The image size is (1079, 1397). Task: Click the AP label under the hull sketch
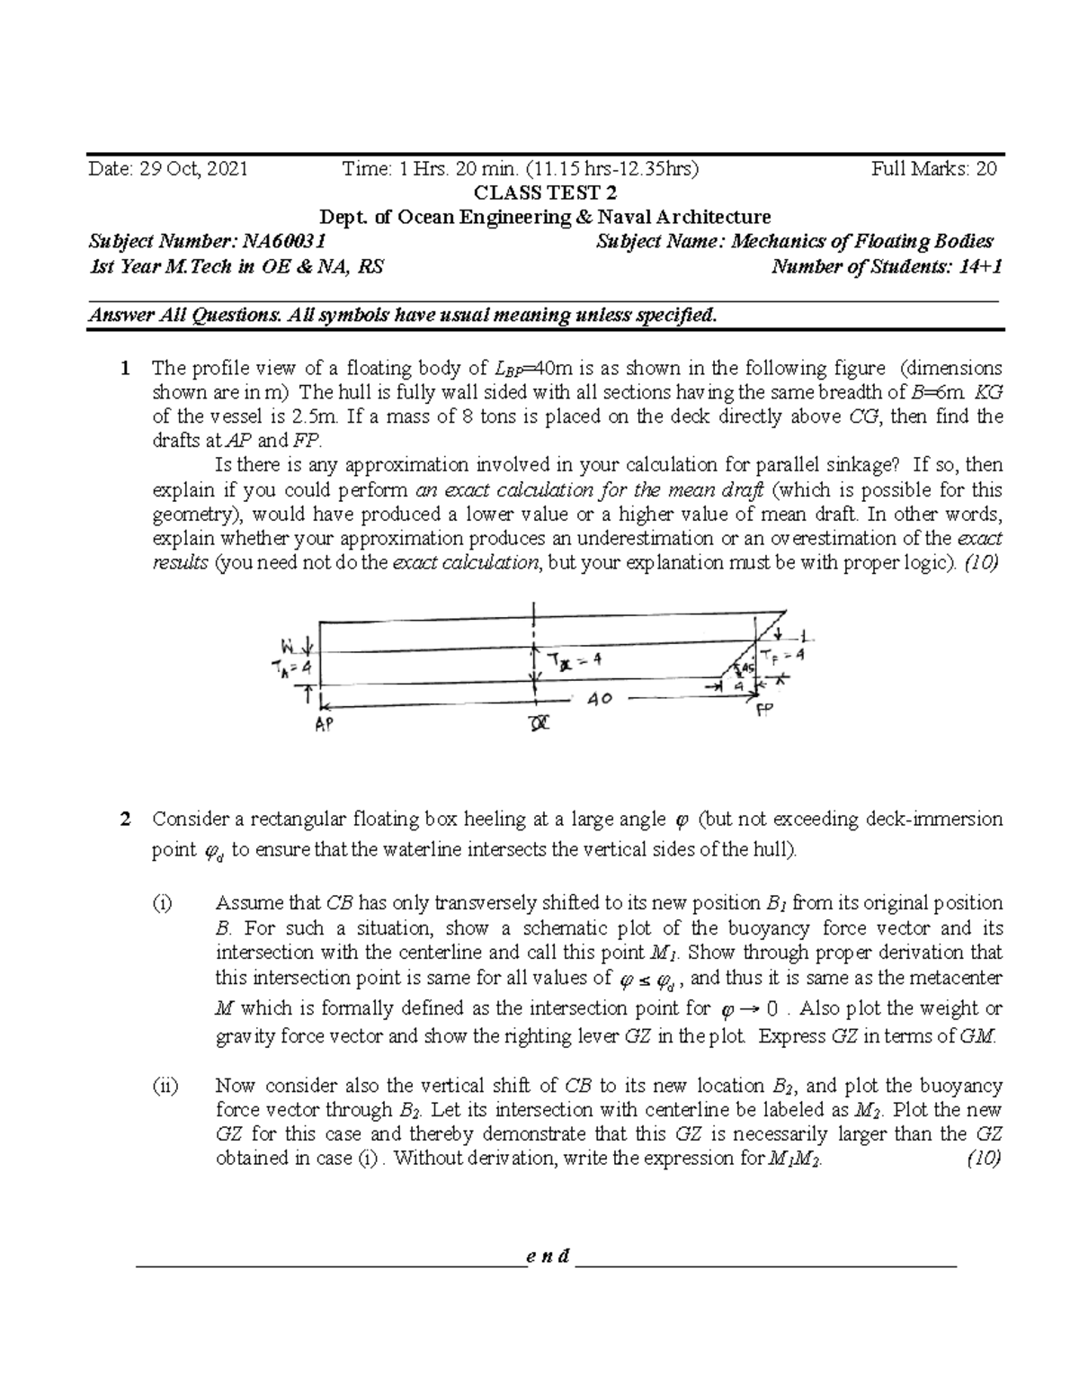[x=322, y=726]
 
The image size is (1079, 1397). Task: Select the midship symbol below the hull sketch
[x=538, y=723]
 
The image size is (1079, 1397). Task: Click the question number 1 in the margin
[x=127, y=368]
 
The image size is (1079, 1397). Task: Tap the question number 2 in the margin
[x=127, y=819]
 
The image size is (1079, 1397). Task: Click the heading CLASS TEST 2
[x=539, y=193]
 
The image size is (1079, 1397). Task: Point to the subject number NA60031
[x=207, y=241]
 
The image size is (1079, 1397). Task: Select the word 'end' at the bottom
[x=548, y=1257]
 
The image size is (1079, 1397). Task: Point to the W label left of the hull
[x=289, y=645]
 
